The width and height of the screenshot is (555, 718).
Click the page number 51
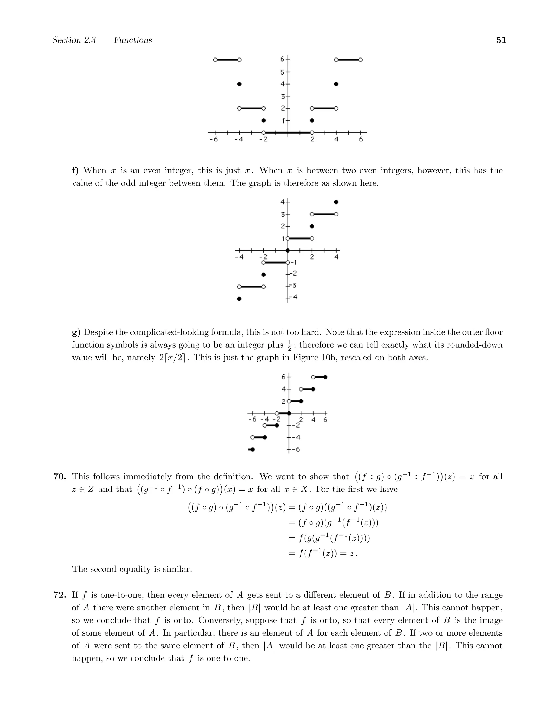[x=501, y=40]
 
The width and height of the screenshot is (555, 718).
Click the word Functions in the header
[x=133, y=40]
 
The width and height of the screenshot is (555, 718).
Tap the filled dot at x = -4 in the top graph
[x=239, y=84]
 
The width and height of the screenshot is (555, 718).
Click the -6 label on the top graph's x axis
[x=214, y=139]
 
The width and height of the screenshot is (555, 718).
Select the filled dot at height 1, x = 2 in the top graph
[x=312, y=120]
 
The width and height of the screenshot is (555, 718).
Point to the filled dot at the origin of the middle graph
[x=288, y=251]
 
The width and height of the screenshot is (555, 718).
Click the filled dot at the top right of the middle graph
[x=336, y=202]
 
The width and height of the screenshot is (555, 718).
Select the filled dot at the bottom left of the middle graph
[x=239, y=299]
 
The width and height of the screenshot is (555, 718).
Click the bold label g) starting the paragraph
[x=76, y=332]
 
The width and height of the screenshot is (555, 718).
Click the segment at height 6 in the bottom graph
[x=319, y=377]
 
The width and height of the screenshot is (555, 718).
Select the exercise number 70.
[x=60, y=477]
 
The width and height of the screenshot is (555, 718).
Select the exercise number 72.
[x=60, y=595]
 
